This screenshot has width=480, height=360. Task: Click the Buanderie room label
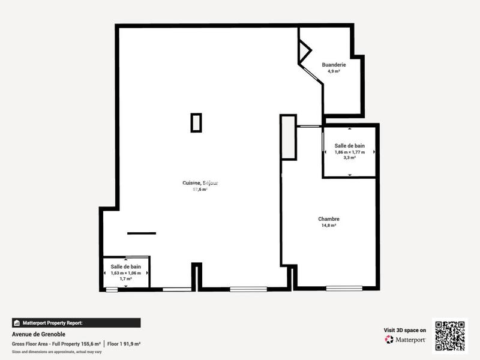(334, 64)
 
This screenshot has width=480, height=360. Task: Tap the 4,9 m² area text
(334, 71)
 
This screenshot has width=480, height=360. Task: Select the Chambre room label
(329, 219)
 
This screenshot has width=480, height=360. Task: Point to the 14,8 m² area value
(329, 226)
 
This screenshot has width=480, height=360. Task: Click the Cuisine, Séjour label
(200, 183)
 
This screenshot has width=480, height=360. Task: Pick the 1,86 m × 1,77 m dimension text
(350, 152)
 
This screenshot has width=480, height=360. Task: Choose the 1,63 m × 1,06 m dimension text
(126, 273)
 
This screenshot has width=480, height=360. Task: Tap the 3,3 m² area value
(350, 158)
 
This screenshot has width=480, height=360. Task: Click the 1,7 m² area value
(126, 279)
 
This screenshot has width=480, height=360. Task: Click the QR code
(450, 336)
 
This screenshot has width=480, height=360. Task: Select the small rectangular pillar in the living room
(196, 122)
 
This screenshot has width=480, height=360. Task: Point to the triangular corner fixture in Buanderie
(304, 51)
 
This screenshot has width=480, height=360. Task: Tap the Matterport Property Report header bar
(76, 323)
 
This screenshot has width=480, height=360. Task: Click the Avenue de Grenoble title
(39, 334)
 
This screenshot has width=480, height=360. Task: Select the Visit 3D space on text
(405, 330)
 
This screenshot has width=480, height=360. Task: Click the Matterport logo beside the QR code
(406, 340)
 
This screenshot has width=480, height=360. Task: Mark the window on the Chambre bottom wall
(344, 289)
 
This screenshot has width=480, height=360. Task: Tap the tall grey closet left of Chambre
(288, 137)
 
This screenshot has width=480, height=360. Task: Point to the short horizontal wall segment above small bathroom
(142, 233)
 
